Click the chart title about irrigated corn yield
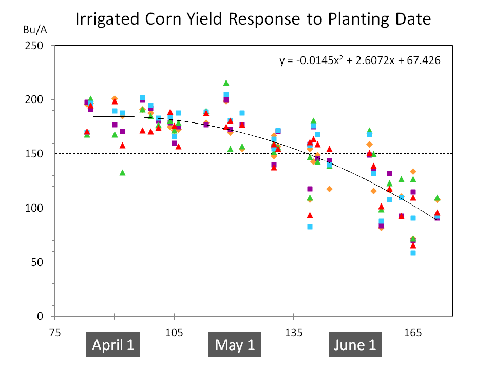pyautogui.click(x=253, y=19)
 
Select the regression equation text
pyautogui.click(x=360, y=60)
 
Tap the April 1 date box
pyautogui.click(x=113, y=345)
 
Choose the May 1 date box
pyautogui.click(x=235, y=345)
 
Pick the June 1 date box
pyautogui.click(x=355, y=345)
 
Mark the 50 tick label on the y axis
pyautogui.click(x=36, y=262)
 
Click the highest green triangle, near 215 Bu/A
pyautogui.click(x=226, y=83)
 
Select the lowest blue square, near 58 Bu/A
pyautogui.click(x=413, y=253)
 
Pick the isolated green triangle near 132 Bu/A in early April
pyautogui.click(x=122, y=173)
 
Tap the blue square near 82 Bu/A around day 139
pyautogui.click(x=310, y=227)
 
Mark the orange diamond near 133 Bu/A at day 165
pyautogui.click(x=413, y=172)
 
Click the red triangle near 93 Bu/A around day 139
pyautogui.click(x=310, y=215)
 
